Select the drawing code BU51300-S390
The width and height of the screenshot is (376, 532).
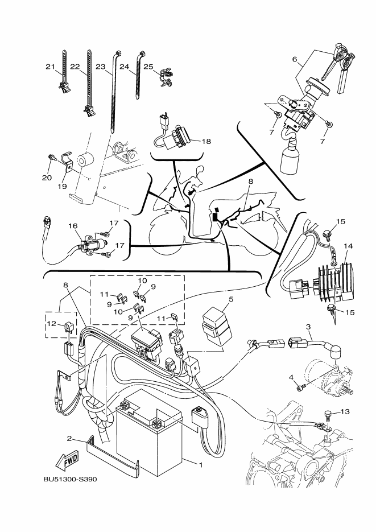pos(70,479)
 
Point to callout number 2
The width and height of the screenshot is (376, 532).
pos(69,439)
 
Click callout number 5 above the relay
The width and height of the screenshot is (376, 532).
pos(231,298)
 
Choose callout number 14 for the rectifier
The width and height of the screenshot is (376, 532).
pos(348,246)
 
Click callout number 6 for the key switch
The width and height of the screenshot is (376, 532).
pos(295,59)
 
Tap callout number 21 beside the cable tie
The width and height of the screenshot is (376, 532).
pos(49,67)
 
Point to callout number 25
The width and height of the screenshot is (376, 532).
pos(148,67)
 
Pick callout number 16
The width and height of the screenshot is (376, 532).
pos(73,226)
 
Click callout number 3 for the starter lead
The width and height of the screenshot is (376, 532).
pos(308,327)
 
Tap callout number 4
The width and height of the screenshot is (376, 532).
pos(291,378)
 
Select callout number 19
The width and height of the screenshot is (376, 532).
pos(63,185)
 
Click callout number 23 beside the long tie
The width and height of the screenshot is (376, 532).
pos(100,67)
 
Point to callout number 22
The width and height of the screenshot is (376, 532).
pos(75,67)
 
